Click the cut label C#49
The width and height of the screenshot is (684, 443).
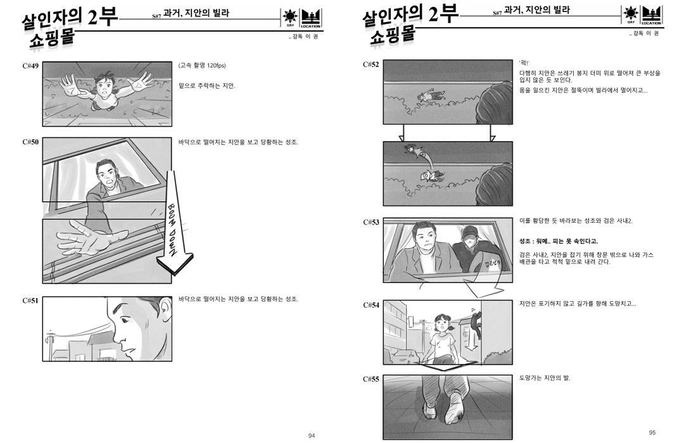coord(30,66)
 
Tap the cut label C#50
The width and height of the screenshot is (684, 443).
coord(30,142)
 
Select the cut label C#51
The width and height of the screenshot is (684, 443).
coord(30,301)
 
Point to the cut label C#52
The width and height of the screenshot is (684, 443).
coord(371,65)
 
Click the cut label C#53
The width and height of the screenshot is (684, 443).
coord(371,222)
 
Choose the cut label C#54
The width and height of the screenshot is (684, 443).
coord(371,305)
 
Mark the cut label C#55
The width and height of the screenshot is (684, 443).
coord(371,379)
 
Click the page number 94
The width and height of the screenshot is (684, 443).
coord(312,435)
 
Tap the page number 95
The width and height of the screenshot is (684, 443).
coord(652,432)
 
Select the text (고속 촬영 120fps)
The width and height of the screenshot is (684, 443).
coord(202,65)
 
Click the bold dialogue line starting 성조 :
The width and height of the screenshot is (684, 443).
coord(559,241)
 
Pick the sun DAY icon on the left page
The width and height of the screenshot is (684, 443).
coord(290,18)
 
